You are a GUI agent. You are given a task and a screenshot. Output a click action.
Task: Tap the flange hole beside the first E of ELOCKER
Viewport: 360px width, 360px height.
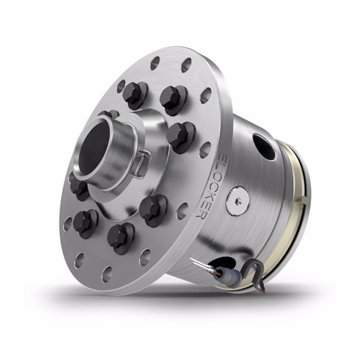coord(204,149)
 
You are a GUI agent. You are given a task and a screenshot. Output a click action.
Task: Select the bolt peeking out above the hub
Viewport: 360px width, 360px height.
coord(109,114)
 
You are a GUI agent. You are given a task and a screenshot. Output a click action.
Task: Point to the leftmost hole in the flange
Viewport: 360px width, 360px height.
coord(67,224)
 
